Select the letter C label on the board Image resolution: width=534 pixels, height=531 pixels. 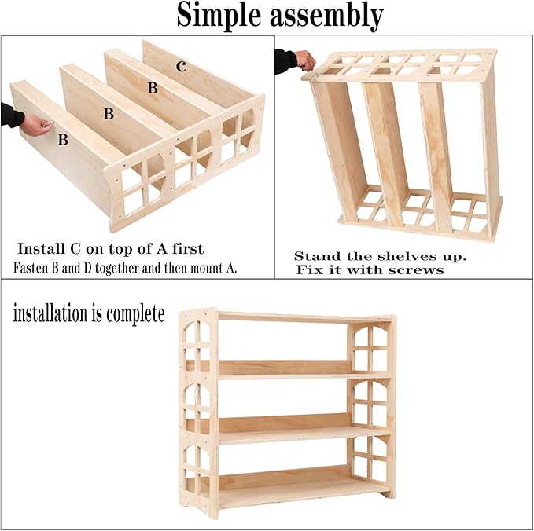pyautogui.click(x=181, y=67)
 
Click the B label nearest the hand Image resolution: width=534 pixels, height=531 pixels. pyautogui.click(x=62, y=141)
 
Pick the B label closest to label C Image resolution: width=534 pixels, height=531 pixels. pyautogui.click(x=152, y=89)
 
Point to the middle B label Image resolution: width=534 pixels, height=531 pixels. pyautogui.click(x=109, y=115)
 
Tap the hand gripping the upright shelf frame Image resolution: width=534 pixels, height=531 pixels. pyautogui.click(x=304, y=60)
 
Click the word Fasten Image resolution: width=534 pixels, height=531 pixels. pyautogui.click(x=32, y=268)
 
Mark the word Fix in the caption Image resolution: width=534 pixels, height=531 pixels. pyautogui.click(x=309, y=269)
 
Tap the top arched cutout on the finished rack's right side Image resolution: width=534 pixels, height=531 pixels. pyautogui.click(x=370, y=346)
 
